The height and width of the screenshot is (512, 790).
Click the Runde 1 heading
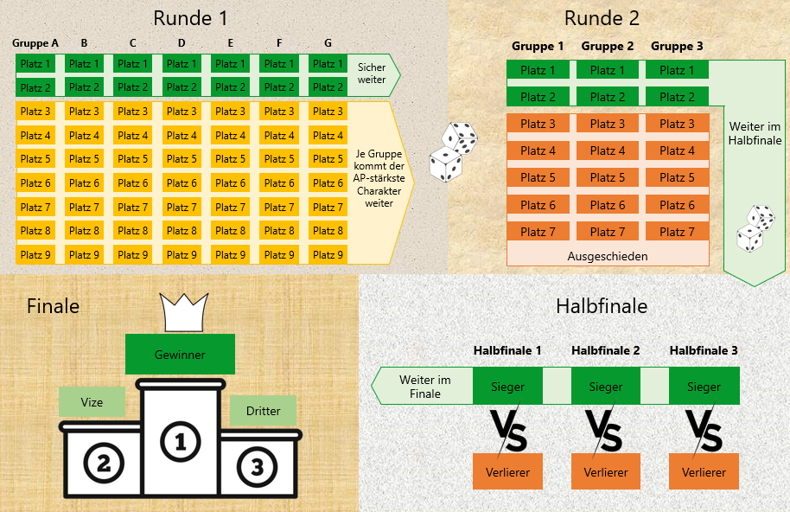pos(190,18)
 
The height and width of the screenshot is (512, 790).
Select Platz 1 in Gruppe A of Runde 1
pos(36,64)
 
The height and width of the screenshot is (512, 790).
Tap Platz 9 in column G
pos(328,255)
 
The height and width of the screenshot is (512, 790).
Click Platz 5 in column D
pos(182,159)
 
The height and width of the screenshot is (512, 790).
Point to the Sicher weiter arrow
pos(373,74)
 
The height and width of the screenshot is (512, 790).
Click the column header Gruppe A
pos(35,42)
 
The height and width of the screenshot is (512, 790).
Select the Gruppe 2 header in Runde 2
pos(608,46)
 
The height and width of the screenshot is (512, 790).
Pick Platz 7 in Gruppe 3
pos(677,232)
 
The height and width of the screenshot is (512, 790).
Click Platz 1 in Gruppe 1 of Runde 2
pos(538,70)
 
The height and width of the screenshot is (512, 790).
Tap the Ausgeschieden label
pos(608,256)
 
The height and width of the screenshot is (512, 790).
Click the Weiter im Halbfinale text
pos(755,132)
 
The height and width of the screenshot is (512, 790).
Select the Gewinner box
pos(180,355)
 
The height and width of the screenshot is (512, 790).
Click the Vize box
pos(92,402)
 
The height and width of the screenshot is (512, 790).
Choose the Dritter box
pos(263,412)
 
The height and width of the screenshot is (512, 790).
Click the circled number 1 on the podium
pos(181,442)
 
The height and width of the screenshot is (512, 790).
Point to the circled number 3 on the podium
pos(256,468)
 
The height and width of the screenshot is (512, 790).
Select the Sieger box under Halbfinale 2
pos(606,387)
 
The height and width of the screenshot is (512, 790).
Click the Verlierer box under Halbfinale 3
pos(704,472)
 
